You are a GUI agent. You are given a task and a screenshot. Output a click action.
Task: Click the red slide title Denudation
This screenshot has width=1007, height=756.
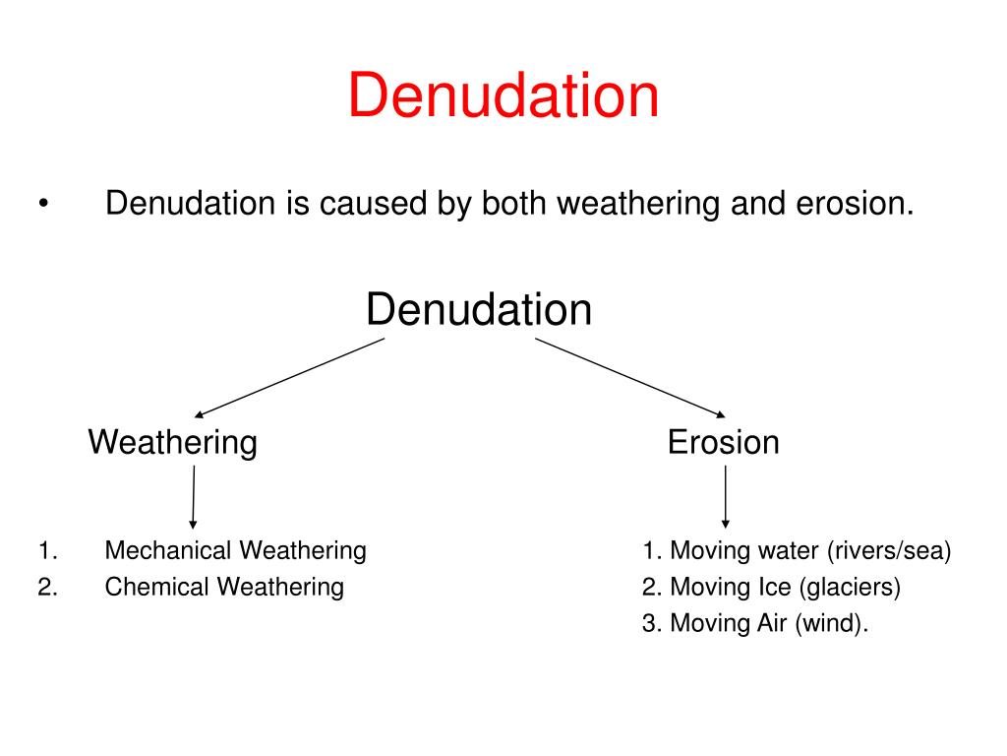(503, 96)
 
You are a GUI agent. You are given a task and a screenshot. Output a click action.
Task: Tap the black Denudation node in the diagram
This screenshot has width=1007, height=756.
(479, 310)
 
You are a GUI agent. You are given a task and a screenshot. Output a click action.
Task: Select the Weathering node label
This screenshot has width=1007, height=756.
(173, 442)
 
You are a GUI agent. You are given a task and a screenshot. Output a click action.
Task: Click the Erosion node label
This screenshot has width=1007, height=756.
(723, 442)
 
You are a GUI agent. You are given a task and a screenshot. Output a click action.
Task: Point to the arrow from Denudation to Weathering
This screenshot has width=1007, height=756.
(290, 378)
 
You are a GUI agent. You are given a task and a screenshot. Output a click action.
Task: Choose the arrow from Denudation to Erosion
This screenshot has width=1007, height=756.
(629, 377)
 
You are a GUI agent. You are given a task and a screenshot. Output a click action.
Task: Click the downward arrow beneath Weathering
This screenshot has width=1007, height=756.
(193, 497)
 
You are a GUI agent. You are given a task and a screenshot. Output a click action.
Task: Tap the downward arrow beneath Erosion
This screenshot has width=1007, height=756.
(725, 497)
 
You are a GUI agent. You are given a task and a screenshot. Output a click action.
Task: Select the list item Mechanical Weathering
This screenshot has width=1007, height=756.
(235, 550)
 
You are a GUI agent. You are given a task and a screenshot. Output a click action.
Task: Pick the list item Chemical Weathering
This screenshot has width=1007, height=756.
(224, 588)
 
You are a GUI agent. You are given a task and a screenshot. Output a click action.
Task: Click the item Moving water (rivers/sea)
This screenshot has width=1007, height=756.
(798, 550)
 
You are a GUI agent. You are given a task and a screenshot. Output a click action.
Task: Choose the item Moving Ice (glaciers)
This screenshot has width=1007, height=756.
(772, 588)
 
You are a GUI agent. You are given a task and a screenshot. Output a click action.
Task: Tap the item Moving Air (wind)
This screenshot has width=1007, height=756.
(756, 625)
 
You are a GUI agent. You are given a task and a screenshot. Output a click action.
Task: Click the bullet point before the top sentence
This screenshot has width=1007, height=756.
(43, 206)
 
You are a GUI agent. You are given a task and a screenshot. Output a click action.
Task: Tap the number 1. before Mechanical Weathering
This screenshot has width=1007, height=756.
(48, 550)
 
